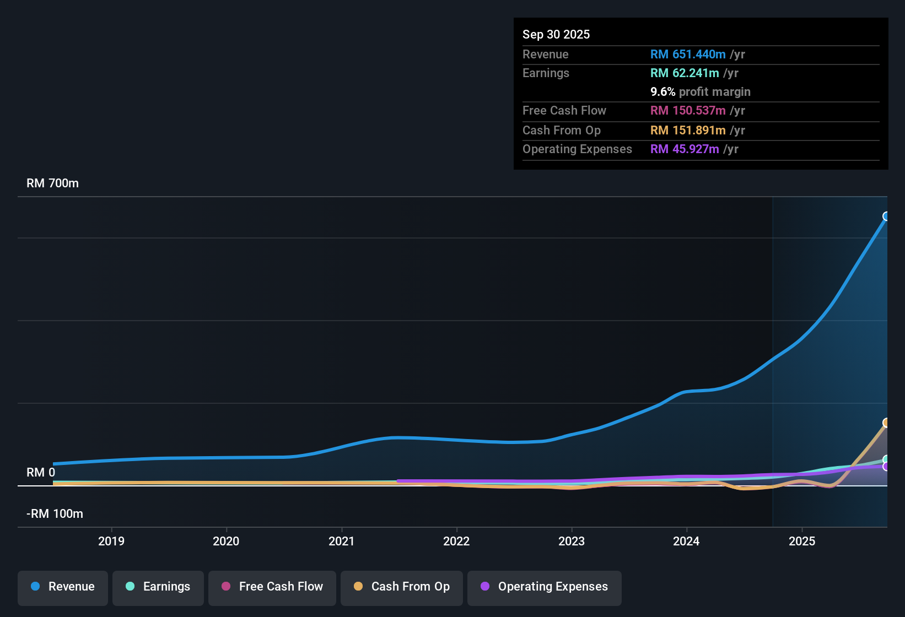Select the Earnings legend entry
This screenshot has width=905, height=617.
(x=158, y=587)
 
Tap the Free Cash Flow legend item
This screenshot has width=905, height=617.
(x=272, y=587)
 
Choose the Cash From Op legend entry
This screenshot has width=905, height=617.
(x=402, y=587)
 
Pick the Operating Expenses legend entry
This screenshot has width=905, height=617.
(x=545, y=587)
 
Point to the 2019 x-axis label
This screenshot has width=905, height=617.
(x=111, y=541)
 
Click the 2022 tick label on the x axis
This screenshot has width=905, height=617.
(x=456, y=541)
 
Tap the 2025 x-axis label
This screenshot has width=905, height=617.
(x=802, y=541)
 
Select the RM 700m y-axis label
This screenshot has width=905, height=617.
(x=53, y=183)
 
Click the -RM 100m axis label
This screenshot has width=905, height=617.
(x=55, y=514)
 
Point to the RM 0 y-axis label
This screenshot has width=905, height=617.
(x=41, y=473)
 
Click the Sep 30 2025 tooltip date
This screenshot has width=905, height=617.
(x=556, y=35)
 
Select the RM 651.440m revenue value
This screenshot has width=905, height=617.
(x=688, y=55)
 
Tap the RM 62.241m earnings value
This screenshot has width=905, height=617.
(x=685, y=73)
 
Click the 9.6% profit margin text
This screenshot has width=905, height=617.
(x=701, y=92)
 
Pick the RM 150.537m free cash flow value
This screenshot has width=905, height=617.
(x=688, y=111)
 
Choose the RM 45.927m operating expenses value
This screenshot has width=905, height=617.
(x=685, y=149)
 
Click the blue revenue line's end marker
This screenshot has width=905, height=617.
(x=886, y=216)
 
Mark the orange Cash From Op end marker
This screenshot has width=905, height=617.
(x=886, y=423)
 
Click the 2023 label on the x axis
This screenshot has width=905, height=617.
(x=572, y=541)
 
